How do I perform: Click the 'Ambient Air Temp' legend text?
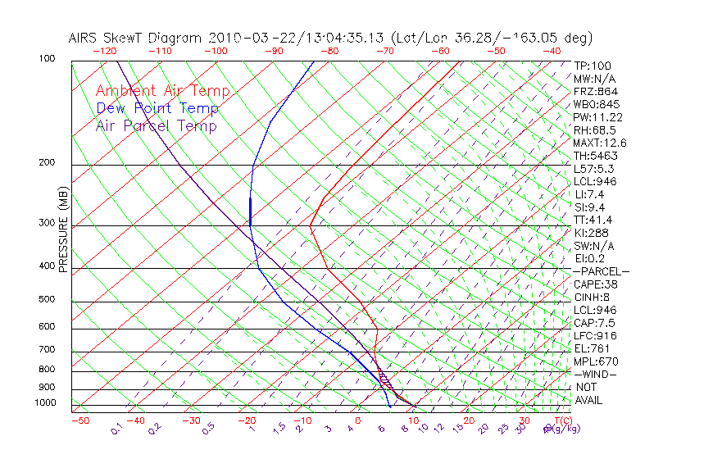click(x=162, y=92)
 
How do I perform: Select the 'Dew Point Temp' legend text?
click(x=157, y=109)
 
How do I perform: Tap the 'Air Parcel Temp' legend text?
click(x=157, y=126)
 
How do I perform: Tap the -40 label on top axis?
click(x=552, y=51)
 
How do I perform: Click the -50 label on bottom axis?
click(x=80, y=420)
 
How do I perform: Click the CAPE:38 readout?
click(x=595, y=284)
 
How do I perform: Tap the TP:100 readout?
click(x=592, y=66)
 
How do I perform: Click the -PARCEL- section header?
click(x=601, y=271)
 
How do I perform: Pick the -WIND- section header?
click(x=595, y=374)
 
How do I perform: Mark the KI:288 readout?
click(x=592, y=233)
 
